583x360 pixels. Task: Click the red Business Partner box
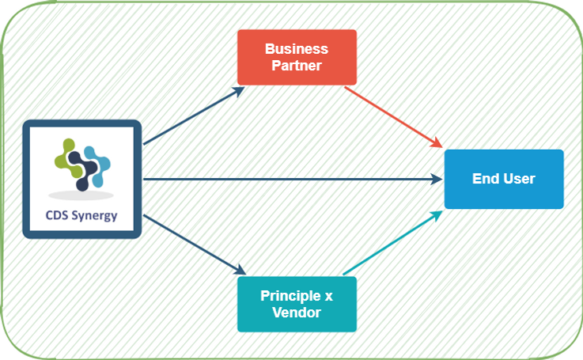point(297,57)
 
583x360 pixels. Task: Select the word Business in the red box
point(297,49)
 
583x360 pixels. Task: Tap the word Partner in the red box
point(297,66)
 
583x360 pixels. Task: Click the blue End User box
point(504,179)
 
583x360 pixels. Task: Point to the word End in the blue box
point(485,179)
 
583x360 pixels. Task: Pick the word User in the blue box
point(517,179)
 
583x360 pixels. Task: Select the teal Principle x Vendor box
point(297,304)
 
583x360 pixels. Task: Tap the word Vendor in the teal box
point(297,313)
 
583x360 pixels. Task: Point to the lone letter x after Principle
point(328,296)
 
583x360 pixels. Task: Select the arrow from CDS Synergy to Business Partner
point(194,116)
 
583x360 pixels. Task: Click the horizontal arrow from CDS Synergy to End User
point(293,180)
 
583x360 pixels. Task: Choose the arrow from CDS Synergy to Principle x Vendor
point(194,243)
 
